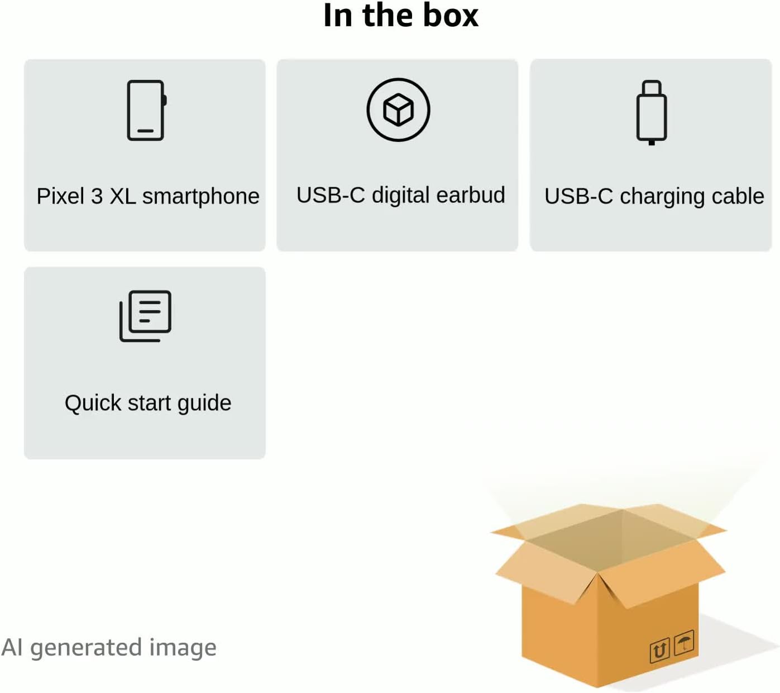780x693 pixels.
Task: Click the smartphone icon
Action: (x=146, y=110)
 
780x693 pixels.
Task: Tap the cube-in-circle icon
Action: (x=398, y=110)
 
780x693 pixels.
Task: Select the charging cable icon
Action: (x=651, y=112)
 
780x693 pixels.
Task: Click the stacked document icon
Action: (x=146, y=316)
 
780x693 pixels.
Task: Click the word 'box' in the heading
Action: (x=450, y=15)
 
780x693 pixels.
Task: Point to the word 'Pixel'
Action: (x=60, y=196)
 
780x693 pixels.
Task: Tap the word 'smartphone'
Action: (x=200, y=197)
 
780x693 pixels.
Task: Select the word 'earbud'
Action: (x=471, y=195)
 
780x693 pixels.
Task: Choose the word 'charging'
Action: (x=654, y=197)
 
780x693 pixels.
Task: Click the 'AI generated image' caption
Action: (x=109, y=648)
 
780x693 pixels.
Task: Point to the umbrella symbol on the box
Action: (x=684, y=642)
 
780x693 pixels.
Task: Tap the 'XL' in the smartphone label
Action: (x=122, y=196)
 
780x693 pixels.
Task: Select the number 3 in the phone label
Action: (x=97, y=196)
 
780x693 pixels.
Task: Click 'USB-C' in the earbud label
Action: (x=331, y=195)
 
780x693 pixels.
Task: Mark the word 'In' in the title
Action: (x=338, y=15)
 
